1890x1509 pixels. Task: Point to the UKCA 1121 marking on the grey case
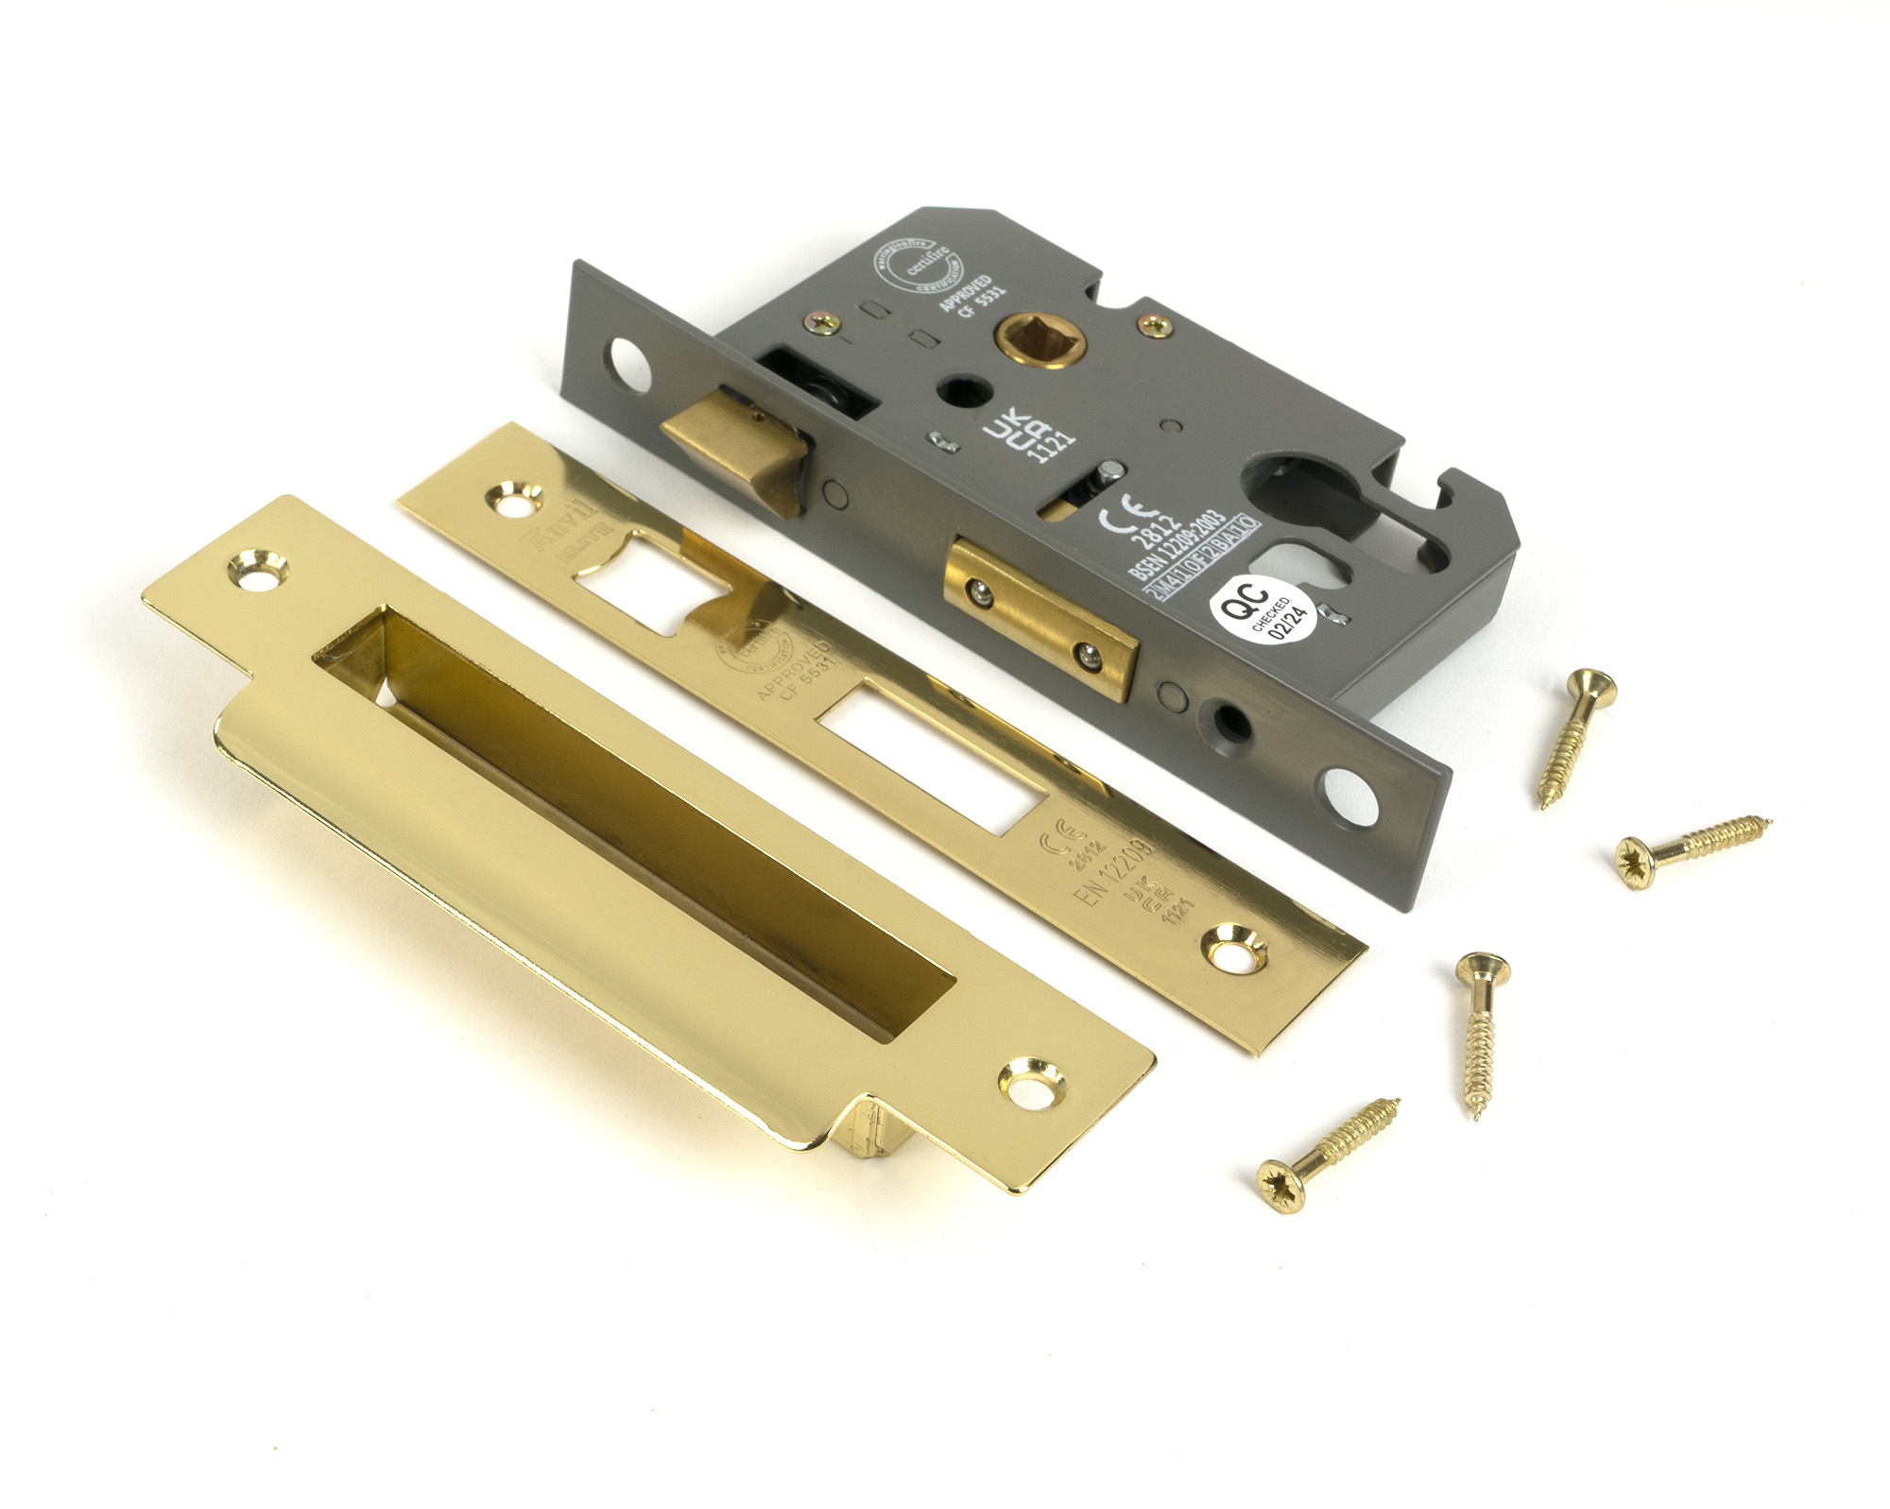pyautogui.click(x=1030, y=436)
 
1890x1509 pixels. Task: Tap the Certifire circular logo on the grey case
pyautogui.click(x=914, y=266)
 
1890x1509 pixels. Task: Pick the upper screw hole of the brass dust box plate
pyautogui.click(x=258, y=570)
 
